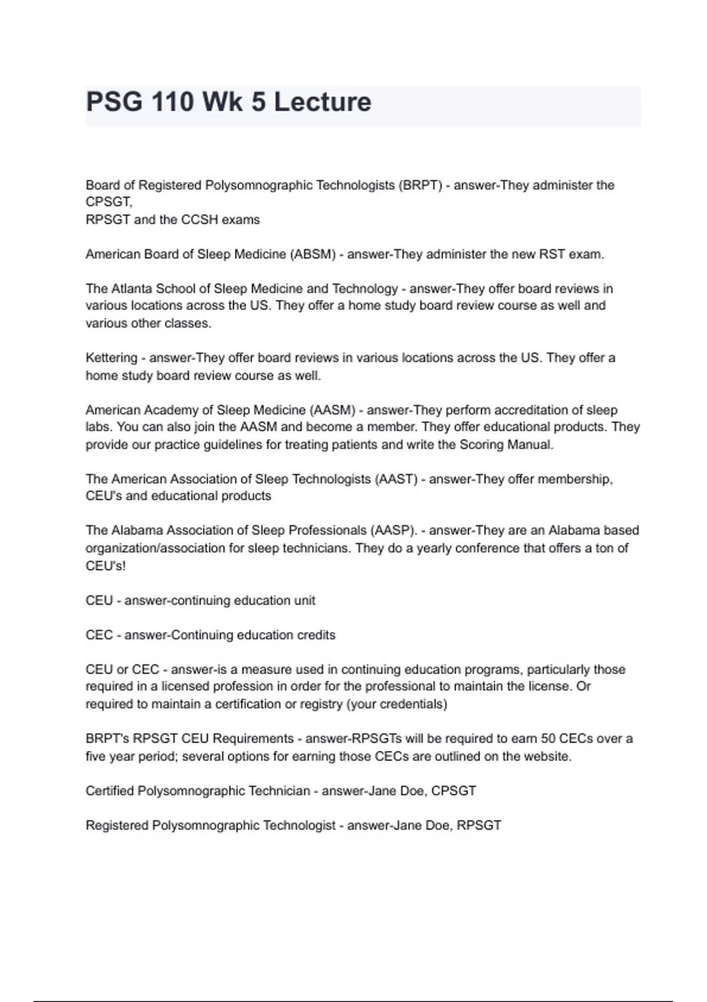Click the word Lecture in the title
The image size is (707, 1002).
[x=322, y=102]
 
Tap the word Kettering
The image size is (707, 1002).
[x=111, y=358]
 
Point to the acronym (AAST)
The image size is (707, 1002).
[x=396, y=479]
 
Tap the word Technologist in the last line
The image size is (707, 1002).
[x=299, y=826]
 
